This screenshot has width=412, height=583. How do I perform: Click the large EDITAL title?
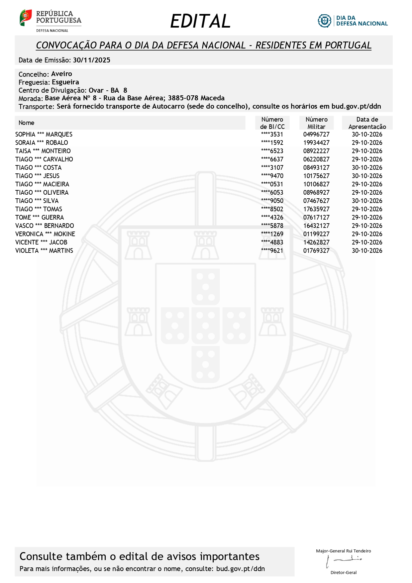click(200, 21)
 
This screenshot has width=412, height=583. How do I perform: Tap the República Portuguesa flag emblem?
click(26, 18)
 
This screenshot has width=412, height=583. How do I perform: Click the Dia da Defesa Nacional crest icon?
click(324, 21)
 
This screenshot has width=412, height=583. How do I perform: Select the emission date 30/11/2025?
click(92, 60)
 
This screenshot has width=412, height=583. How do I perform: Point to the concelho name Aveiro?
click(61, 74)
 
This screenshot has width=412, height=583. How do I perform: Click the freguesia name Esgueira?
click(65, 82)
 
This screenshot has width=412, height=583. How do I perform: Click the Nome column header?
click(27, 123)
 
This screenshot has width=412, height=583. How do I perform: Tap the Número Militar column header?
click(316, 123)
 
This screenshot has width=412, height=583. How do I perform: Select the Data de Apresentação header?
click(367, 123)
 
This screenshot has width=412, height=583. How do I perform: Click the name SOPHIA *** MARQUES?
click(44, 135)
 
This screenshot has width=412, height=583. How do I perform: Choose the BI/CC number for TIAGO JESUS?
click(272, 176)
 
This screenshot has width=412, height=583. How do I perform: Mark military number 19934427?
click(316, 143)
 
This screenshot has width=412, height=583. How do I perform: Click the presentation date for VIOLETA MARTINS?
click(367, 251)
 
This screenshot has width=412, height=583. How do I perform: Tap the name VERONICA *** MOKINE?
click(45, 234)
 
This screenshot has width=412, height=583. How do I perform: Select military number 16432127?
click(316, 226)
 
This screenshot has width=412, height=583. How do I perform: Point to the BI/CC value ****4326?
click(272, 218)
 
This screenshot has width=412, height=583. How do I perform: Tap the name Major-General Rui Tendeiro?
click(344, 551)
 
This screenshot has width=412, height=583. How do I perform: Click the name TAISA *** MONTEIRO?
click(43, 151)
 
